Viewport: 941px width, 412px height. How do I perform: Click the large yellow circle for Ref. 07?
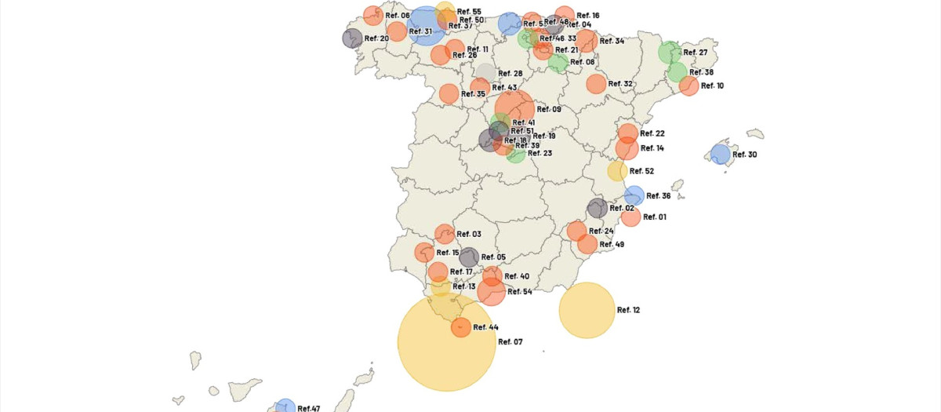[446, 342]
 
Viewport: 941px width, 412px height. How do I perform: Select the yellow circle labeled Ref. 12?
[587, 310]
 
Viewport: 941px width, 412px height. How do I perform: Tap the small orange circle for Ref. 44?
[461, 327]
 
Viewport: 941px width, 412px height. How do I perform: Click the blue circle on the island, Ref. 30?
[720, 155]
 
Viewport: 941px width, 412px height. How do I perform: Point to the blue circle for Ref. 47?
[285, 407]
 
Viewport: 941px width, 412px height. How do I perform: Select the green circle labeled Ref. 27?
[669, 53]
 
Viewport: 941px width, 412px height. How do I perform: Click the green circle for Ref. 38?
[678, 72]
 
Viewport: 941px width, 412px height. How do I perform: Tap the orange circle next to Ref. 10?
[688, 86]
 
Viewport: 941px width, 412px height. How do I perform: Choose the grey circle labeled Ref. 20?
[352, 38]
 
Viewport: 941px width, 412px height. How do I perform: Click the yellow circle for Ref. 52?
[617, 171]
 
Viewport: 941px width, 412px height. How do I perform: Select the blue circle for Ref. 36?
[634, 195]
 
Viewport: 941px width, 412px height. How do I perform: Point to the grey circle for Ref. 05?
[469, 257]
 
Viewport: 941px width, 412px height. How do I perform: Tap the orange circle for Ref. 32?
[596, 84]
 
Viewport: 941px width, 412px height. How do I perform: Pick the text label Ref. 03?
[469, 234]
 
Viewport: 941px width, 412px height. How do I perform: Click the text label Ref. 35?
[474, 94]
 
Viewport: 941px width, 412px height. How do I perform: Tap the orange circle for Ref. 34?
[587, 41]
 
